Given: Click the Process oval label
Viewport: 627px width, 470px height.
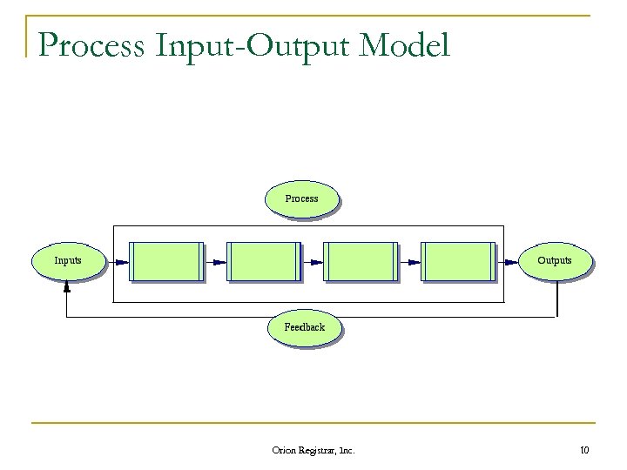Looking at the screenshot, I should [x=302, y=198].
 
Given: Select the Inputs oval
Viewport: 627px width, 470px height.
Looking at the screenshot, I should [x=68, y=260].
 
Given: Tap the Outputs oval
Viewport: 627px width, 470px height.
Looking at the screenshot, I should [x=555, y=260].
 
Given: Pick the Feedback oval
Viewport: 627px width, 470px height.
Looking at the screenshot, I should [x=304, y=327].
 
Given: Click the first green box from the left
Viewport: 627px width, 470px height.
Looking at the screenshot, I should [x=165, y=261].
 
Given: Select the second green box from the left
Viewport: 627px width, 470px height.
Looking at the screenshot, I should [x=263, y=261].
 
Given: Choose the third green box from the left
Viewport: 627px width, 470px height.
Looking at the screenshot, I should [x=361, y=261].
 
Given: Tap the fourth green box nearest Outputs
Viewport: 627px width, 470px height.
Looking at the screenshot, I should [x=458, y=261].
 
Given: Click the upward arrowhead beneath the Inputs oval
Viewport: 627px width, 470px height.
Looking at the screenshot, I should [x=67, y=285].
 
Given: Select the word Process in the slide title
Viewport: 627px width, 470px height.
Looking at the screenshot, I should [x=91, y=45].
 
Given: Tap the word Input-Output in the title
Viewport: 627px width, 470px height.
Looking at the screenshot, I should [x=253, y=45].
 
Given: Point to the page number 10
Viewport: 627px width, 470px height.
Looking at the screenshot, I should [x=583, y=450].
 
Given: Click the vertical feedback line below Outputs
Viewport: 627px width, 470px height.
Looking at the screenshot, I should [x=556, y=299].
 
